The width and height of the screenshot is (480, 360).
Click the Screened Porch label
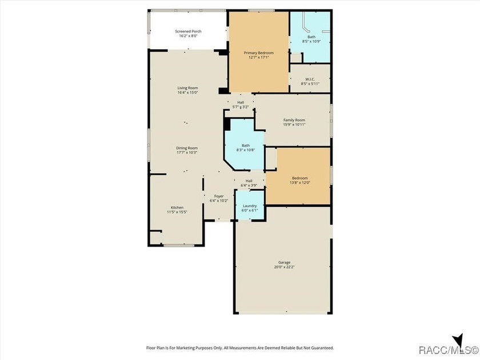[x=188, y=31]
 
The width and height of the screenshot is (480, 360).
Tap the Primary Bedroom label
[x=259, y=53]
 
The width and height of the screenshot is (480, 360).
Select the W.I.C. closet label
[x=310, y=79]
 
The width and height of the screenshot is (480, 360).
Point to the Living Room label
[x=187, y=88]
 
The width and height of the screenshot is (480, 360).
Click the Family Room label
[x=294, y=120]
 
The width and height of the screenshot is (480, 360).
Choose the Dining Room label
[x=187, y=148]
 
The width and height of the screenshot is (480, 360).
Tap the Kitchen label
[x=177, y=207]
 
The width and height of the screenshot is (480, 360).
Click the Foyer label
[x=219, y=196]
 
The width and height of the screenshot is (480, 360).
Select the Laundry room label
[x=250, y=206]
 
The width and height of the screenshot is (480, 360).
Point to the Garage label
[x=285, y=262]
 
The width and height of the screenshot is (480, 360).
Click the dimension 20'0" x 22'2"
[x=285, y=267]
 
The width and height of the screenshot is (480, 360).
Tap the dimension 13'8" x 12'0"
[x=300, y=183]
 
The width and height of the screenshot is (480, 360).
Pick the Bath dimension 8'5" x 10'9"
[x=311, y=41]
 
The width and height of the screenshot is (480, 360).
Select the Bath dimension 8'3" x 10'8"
[x=246, y=150]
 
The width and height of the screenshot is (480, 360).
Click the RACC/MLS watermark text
[x=448, y=350]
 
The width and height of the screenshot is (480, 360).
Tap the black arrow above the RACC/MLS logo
[x=458, y=341]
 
